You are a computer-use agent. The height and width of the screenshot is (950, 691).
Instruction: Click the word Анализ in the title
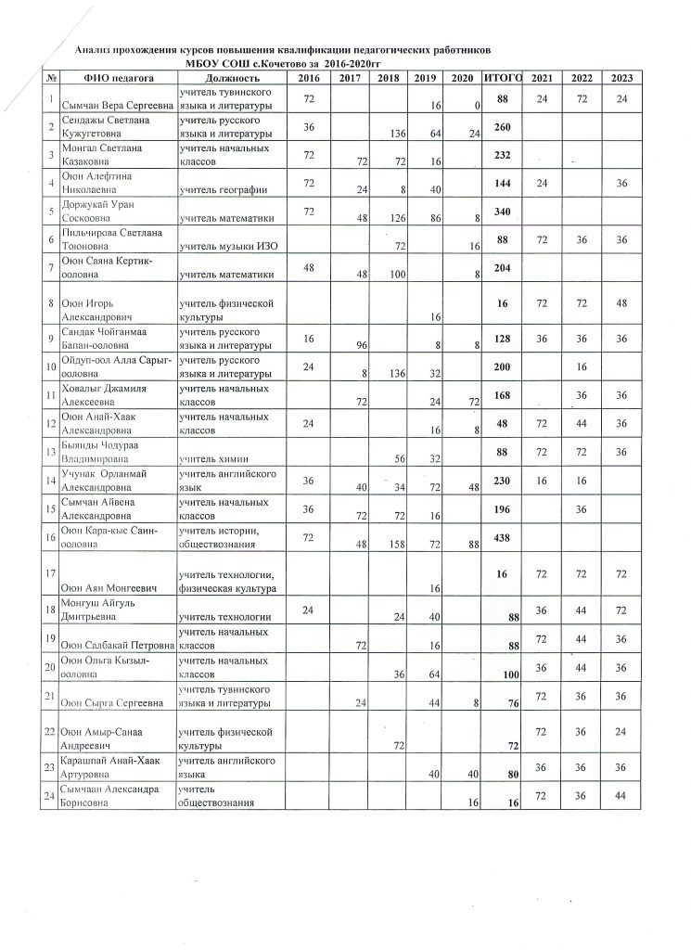pos(96,47)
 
